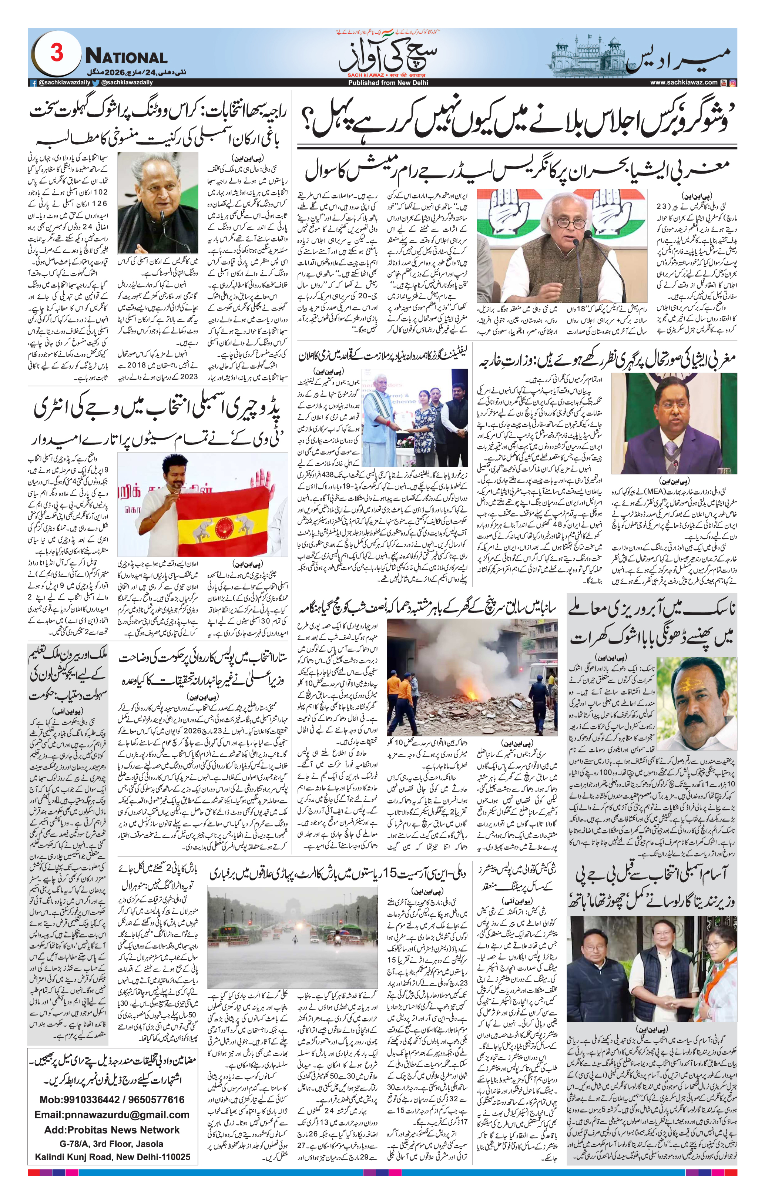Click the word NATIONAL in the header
coord(126,57)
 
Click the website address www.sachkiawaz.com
coord(684,83)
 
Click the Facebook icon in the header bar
coord(33,83)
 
